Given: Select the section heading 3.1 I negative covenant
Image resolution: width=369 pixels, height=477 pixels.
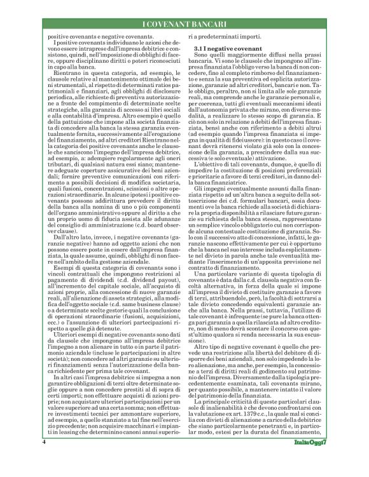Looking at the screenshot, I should [223, 48].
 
